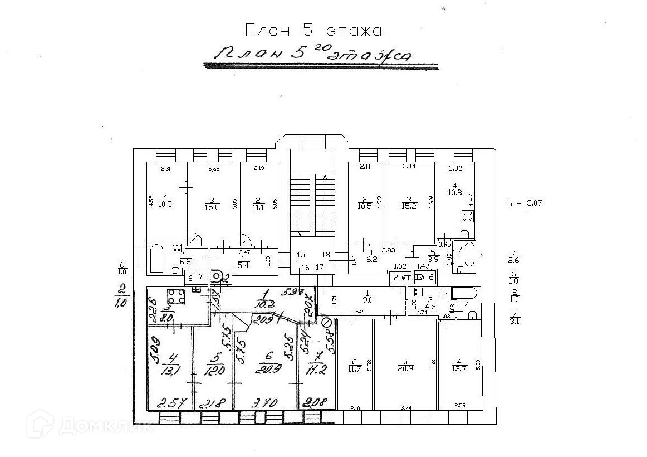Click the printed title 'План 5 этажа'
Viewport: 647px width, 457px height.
tap(313, 30)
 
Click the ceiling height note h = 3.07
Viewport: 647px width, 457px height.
tap(524, 203)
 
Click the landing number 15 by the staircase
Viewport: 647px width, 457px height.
tap(301, 255)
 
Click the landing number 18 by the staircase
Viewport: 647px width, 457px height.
tap(326, 255)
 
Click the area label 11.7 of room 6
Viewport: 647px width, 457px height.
tap(354, 368)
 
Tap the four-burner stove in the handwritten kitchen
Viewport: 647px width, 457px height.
tap(177, 297)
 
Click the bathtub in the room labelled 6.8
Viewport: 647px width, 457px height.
tap(156, 259)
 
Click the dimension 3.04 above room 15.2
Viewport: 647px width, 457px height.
tap(409, 166)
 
